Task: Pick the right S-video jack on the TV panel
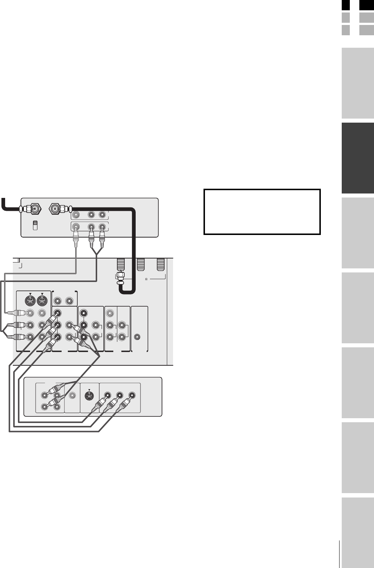pyautogui.click(x=43, y=301)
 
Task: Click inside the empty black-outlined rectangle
pyautogui.click(x=262, y=211)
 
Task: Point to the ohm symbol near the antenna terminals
pyautogui.click(x=146, y=279)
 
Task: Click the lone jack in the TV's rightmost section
pyautogui.click(x=137, y=336)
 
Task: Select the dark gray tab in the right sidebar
pyautogui.click(x=357, y=158)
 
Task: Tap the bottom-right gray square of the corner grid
pyautogui.click(x=366, y=30)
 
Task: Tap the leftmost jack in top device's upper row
pyautogui.click(x=76, y=215)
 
